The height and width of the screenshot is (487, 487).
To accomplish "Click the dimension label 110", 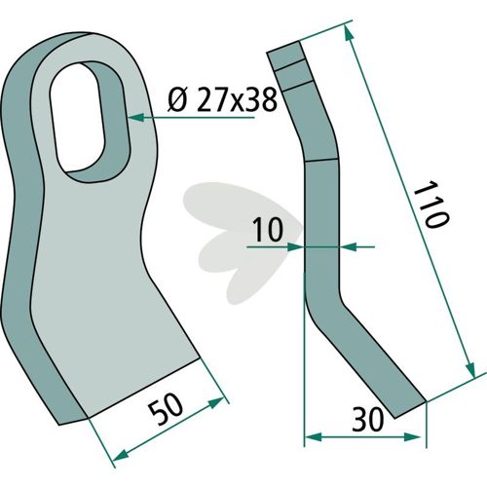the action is coord(431,205).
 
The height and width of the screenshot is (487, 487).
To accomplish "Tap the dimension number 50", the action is coord(166,409).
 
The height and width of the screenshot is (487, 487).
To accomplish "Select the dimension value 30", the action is coord(368,420).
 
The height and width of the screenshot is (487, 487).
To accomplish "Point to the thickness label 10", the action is coord(268,230).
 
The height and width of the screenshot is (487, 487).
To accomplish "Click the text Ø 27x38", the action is coord(223,99).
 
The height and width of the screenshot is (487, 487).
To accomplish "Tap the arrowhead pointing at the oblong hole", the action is coord(136,117).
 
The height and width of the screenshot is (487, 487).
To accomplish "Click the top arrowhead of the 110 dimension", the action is coord(348,33).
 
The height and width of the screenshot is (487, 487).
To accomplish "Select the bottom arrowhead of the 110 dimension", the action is coord(470,370).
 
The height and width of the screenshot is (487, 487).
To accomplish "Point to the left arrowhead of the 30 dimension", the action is coord(313,437).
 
